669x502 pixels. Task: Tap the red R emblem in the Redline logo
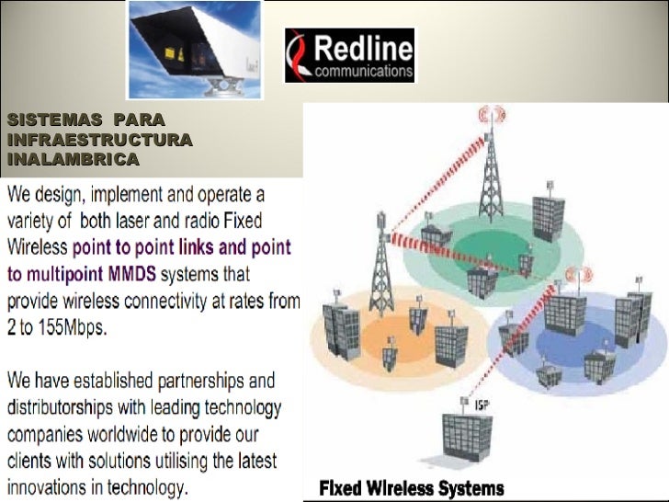(300, 56)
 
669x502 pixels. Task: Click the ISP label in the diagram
(481, 405)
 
